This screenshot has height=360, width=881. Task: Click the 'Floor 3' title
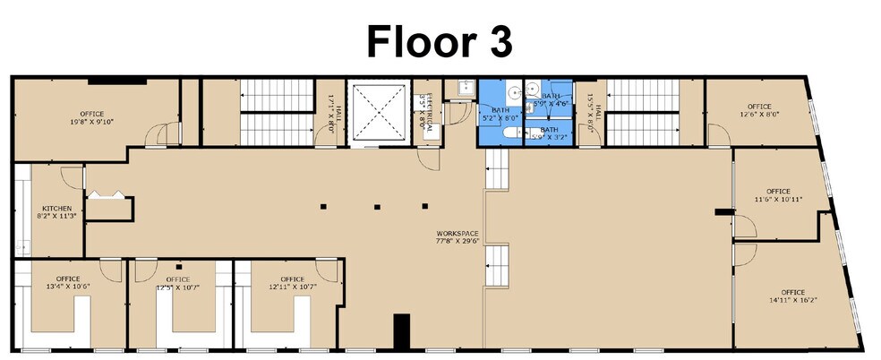pyautogui.click(x=440, y=40)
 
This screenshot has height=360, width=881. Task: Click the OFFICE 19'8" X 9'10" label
pyautogui.click(x=91, y=117)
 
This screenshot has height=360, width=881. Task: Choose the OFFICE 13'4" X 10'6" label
pyautogui.click(x=68, y=282)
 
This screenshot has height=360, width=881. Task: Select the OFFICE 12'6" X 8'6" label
pyautogui.click(x=759, y=110)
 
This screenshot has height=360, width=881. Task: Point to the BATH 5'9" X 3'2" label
pyautogui.click(x=548, y=133)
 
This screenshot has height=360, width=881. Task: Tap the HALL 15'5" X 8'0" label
pyautogui.click(x=591, y=114)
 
